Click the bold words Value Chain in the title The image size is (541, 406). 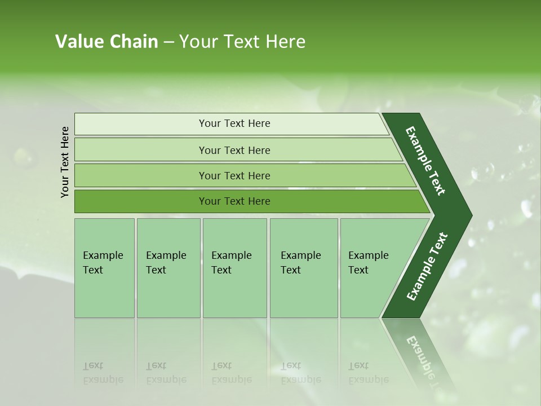click(x=107, y=42)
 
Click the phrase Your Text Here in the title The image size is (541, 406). click(x=242, y=42)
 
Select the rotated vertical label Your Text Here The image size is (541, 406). click(x=65, y=162)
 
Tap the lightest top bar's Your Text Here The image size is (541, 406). click(x=234, y=123)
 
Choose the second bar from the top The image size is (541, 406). click(x=234, y=150)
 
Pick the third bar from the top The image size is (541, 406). click(x=234, y=175)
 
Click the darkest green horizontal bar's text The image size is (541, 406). click(x=234, y=201)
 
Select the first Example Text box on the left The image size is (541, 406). click(x=104, y=263)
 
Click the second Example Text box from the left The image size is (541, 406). click(x=167, y=263)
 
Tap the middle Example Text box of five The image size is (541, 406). click(x=232, y=263)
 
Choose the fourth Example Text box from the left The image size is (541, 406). click(x=301, y=263)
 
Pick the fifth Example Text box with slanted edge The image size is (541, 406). click(x=369, y=263)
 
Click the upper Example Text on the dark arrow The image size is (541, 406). click(x=425, y=161)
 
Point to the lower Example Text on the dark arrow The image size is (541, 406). click(x=427, y=267)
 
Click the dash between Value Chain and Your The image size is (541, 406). click(x=168, y=42)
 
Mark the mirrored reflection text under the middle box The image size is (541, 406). click(x=231, y=373)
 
